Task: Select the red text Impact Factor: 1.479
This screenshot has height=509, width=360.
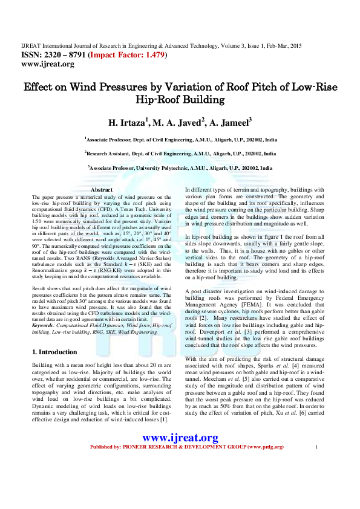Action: tap(125, 54)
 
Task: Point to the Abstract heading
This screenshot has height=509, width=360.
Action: tap(102, 190)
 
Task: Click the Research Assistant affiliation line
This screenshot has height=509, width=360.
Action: tap(180, 154)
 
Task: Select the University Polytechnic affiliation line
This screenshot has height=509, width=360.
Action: tap(180, 168)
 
